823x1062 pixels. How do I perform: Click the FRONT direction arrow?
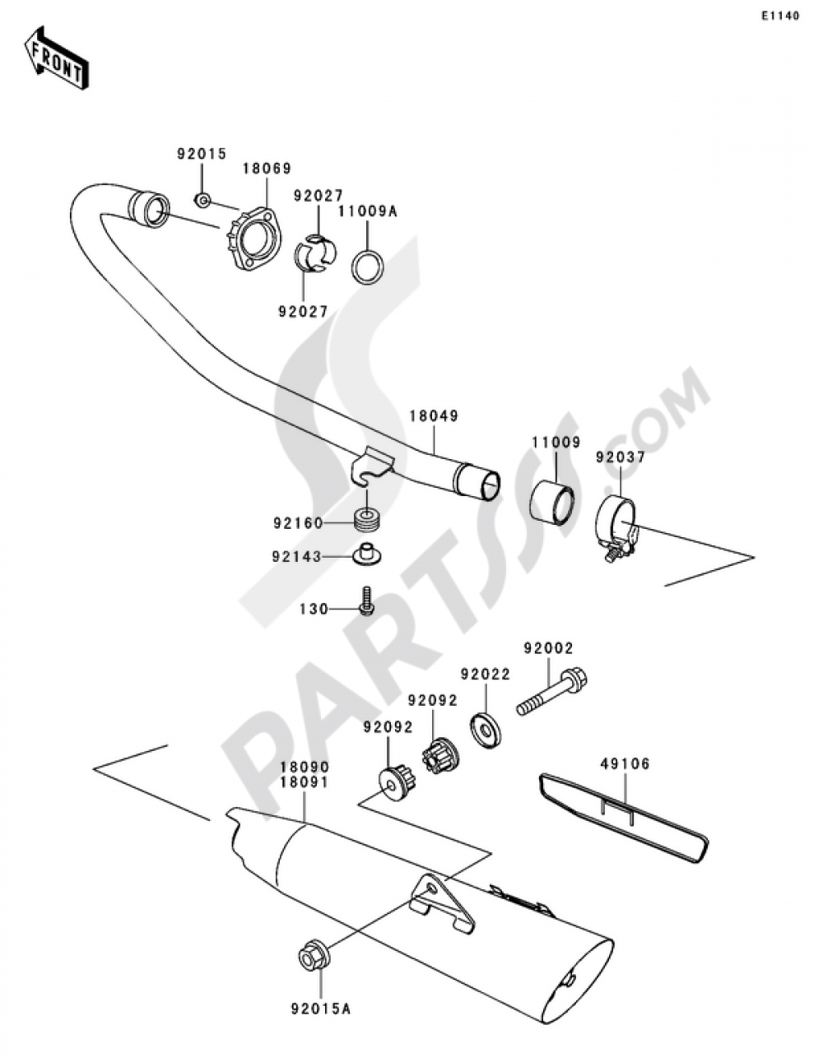(x=56, y=58)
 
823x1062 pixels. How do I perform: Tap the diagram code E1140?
(x=779, y=16)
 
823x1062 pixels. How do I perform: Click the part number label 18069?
(x=267, y=169)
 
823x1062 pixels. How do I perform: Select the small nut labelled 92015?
(x=202, y=200)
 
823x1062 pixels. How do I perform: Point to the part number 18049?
(x=434, y=416)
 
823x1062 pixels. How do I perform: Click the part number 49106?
(x=625, y=763)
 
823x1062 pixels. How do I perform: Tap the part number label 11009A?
(x=369, y=212)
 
